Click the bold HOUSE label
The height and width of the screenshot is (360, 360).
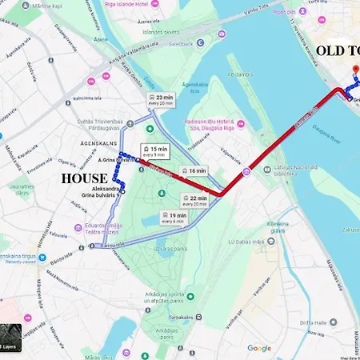coord(85,178)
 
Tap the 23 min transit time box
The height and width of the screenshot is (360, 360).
coord(160,99)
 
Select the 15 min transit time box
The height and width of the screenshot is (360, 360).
coord(155,150)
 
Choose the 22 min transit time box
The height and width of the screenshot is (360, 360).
coord(196,200)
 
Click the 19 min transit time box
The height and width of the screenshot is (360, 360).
coord(172,218)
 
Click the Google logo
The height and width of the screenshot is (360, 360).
coord(258,348)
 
